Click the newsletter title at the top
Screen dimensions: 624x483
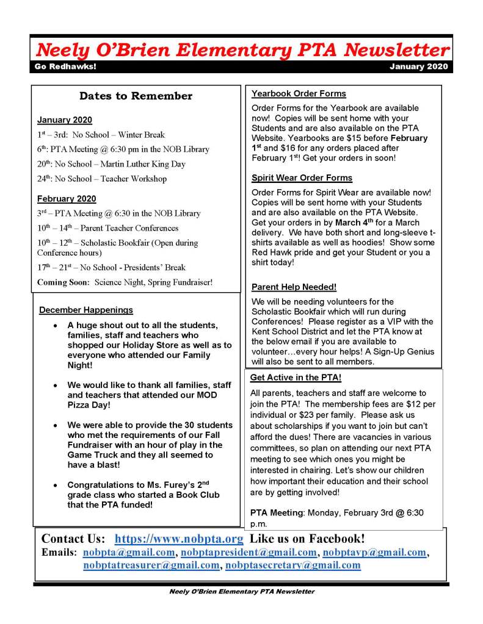click(x=243, y=49)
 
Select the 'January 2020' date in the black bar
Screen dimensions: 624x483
click(x=418, y=66)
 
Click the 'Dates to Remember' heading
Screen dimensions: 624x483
click(x=136, y=96)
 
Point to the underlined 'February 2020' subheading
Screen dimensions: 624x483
click(x=67, y=199)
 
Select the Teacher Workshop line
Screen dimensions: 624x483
click(x=102, y=179)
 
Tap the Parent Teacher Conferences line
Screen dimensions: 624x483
click(x=107, y=228)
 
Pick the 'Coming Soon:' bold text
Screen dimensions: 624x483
click(x=64, y=282)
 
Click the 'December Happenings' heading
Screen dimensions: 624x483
click(x=85, y=310)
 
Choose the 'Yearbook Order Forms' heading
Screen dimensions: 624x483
click(x=299, y=94)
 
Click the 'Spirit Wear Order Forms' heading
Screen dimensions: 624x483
click(x=302, y=178)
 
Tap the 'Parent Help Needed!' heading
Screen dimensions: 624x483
click(x=294, y=287)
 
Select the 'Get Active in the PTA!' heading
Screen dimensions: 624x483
click(x=296, y=378)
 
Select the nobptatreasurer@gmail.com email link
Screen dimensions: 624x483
click(x=151, y=565)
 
